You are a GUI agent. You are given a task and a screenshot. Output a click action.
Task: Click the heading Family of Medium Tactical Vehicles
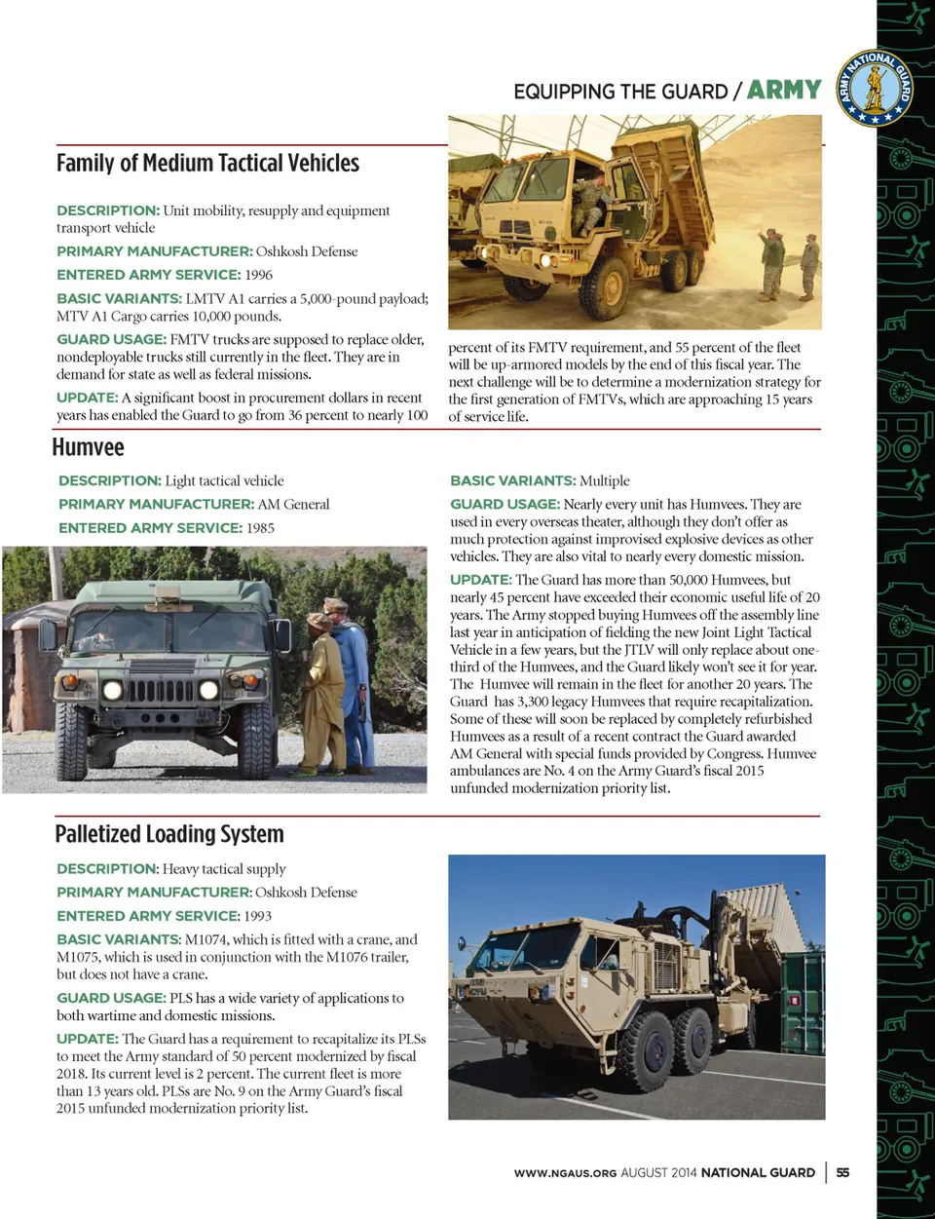207,163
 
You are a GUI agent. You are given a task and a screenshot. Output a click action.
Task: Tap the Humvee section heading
89,447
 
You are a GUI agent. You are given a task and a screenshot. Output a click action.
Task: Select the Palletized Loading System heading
169,834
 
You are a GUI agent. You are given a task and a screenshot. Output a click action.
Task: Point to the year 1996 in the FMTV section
259,275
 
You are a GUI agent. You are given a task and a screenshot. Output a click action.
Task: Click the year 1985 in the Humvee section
260,528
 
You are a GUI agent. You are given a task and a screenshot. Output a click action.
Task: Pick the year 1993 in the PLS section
258,916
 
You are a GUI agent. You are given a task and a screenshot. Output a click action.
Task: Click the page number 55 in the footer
842,1172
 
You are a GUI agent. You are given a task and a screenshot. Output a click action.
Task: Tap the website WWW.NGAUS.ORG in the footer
565,1173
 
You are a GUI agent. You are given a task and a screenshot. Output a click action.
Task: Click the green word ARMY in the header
784,91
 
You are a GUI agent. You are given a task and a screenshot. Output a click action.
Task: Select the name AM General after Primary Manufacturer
293,505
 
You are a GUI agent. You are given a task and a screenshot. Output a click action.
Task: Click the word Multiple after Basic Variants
605,480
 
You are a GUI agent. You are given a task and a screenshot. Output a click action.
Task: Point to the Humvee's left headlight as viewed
112,691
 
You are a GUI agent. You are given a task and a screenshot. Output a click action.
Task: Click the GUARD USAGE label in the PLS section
111,998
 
